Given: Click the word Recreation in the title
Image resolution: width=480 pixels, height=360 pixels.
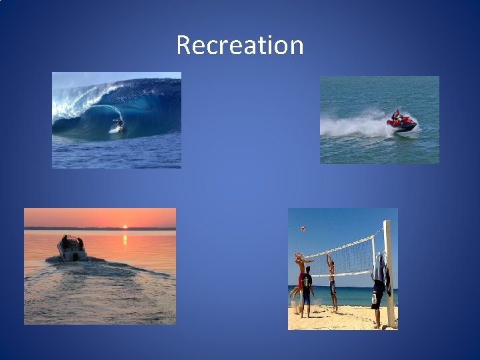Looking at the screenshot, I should tap(240, 45).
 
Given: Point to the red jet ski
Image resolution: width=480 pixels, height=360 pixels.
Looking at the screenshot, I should tap(403, 124).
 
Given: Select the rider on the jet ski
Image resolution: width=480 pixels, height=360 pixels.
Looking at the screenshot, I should tap(397, 115).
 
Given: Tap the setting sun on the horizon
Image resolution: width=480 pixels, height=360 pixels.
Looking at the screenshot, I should tap(125, 227).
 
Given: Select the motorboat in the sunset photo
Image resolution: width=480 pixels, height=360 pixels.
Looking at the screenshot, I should tap(72, 251).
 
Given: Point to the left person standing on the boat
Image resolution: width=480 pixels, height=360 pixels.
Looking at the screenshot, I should tap(65, 241).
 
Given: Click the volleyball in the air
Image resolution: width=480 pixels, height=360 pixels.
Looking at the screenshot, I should tap(303, 229).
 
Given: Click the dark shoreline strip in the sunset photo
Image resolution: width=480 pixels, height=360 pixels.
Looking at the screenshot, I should tap(100, 229).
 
